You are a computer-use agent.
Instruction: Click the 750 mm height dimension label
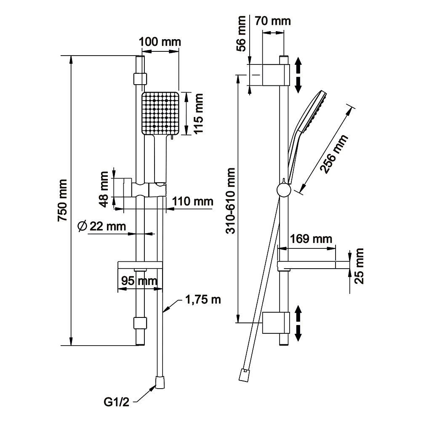(x=63, y=201)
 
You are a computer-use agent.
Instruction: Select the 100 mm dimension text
(x=160, y=42)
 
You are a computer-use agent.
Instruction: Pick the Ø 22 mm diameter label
(x=102, y=226)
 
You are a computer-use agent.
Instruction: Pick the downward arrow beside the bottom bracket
(x=298, y=333)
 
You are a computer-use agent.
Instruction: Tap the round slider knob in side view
(x=283, y=190)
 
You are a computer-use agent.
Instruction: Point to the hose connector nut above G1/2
(x=160, y=382)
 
